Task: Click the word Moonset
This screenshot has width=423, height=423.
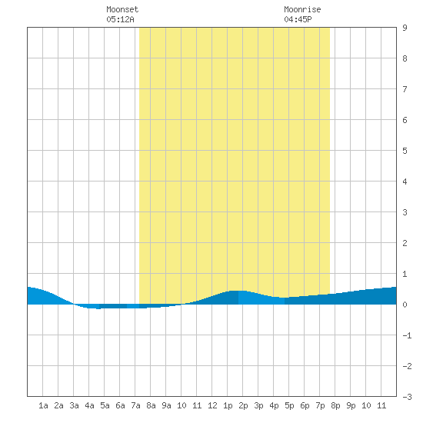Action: click(x=122, y=9)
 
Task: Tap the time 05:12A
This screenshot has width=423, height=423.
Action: click(x=120, y=19)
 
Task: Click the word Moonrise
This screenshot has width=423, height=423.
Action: click(x=302, y=9)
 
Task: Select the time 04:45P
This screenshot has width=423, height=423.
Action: click(x=298, y=19)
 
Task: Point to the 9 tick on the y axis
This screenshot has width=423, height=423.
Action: click(x=405, y=28)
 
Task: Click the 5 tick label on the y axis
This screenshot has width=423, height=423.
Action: click(x=405, y=151)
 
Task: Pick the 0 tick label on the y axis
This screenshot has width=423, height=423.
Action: click(x=405, y=305)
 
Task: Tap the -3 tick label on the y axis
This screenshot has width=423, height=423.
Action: click(x=407, y=397)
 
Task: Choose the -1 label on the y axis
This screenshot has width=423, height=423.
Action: click(x=407, y=335)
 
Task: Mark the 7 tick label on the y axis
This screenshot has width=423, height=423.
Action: click(x=405, y=89)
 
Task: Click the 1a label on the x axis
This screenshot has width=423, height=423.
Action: click(x=43, y=405)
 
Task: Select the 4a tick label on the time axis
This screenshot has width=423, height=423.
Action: click(x=89, y=405)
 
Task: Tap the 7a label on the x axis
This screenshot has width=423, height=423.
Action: click(x=135, y=405)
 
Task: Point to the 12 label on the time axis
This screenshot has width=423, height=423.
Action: click(x=212, y=405)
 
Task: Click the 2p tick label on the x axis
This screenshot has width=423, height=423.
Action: click(x=243, y=405)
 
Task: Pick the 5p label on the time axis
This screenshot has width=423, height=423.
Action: click(x=289, y=405)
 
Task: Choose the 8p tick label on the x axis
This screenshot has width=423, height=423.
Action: click(x=335, y=405)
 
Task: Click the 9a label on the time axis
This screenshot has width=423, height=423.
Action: click(x=166, y=405)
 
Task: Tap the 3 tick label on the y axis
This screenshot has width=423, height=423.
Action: click(x=405, y=212)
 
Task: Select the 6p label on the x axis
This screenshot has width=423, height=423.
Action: click(x=305, y=405)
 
